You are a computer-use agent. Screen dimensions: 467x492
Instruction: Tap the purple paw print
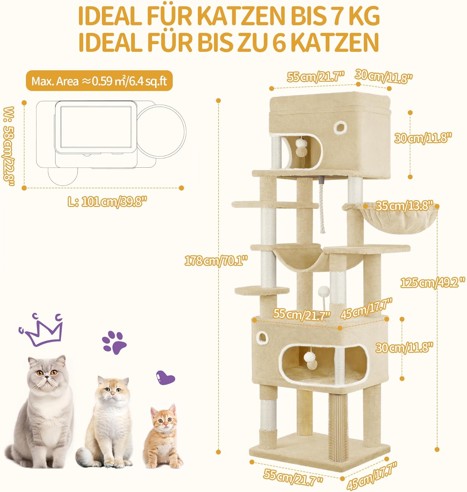coord(114,342)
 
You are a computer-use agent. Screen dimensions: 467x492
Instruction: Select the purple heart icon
coord(165,377)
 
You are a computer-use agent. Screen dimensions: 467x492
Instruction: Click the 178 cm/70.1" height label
coord(216,261)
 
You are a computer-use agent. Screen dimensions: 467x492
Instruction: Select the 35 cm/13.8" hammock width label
coord(403,206)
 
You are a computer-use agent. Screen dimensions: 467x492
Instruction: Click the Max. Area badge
coord(99,81)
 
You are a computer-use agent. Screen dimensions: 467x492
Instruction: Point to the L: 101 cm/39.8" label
coord(107,201)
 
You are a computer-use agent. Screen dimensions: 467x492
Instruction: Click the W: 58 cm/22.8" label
coord(9,146)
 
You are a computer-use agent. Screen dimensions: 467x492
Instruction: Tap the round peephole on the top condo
coord(339,127)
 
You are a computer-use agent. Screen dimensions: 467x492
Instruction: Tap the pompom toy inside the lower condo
coord(310,360)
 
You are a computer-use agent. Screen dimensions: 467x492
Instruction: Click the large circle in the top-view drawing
coord(161,132)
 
